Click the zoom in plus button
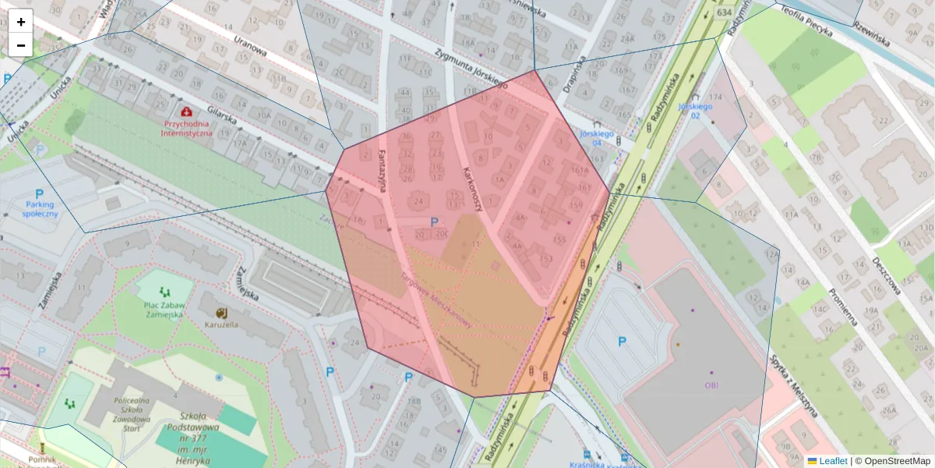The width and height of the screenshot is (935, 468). [x=21, y=22]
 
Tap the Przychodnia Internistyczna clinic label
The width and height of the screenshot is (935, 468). [x=187, y=128]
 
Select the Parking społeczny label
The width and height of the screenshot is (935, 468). [x=40, y=208]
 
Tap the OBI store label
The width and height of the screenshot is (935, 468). [x=711, y=385]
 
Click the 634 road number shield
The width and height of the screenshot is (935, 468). [x=725, y=12]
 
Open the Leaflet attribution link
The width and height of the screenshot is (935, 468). [x=832, y=461]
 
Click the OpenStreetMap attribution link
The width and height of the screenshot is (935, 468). [x=897, y=461]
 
